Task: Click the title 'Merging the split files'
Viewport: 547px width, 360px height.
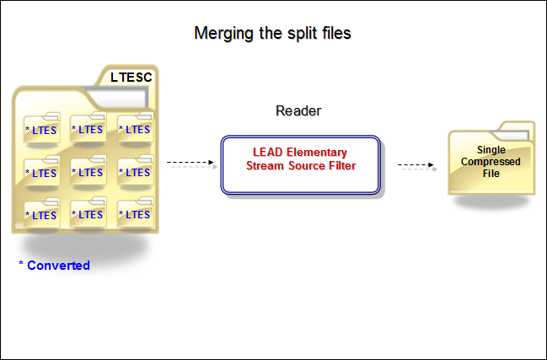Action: [272, 34]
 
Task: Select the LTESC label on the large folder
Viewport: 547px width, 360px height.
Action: [131, 78]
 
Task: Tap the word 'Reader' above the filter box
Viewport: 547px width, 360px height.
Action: [298, 111]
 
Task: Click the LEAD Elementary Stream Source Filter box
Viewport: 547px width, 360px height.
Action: [301, 164]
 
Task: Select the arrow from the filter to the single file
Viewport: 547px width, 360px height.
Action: [417, 166]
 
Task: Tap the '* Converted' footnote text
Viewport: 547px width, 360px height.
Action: [54, 265]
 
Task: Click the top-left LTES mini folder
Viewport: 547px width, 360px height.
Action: [41, 129]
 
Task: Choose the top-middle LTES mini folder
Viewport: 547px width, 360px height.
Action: [88, 129]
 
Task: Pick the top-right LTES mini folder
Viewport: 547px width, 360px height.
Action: [134, 129]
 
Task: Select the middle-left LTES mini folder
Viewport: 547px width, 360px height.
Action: [41, 172]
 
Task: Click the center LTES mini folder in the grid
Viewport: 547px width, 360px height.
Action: [88, 172]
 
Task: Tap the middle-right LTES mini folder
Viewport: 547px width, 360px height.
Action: [134, 172]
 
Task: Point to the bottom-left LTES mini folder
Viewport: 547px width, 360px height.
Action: [41, 214]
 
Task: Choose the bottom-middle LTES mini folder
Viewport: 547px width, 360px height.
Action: [88, 214]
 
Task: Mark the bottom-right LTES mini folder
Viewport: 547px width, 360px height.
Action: [134, 214]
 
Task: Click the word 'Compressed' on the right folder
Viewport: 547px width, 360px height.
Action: [491, 161]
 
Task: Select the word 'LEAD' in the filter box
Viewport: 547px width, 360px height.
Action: [267, 153]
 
